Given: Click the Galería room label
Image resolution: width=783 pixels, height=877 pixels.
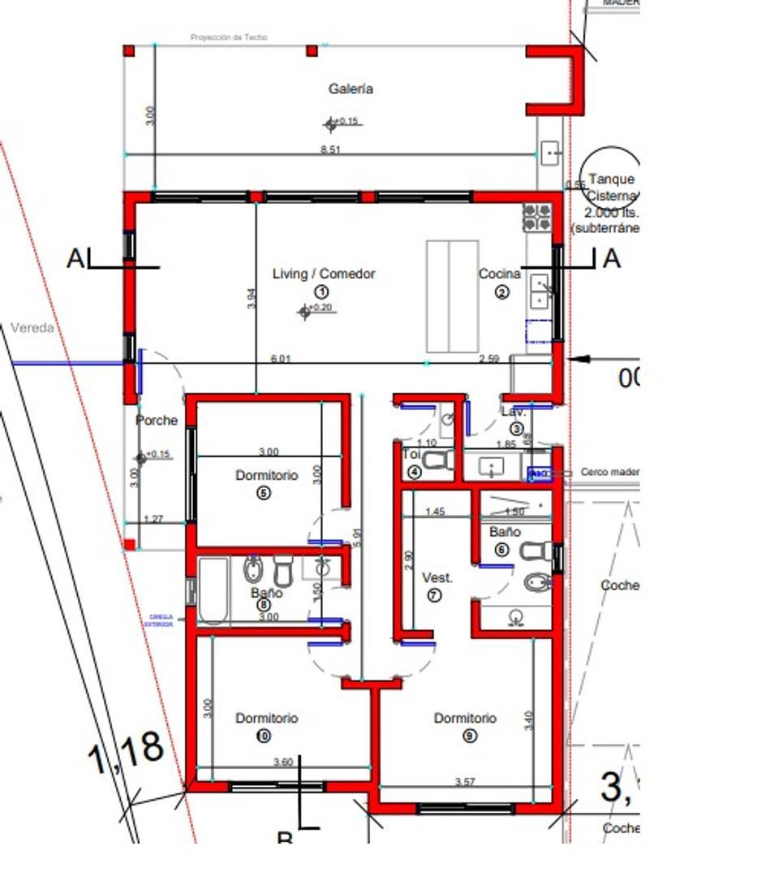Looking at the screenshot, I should [351, 89].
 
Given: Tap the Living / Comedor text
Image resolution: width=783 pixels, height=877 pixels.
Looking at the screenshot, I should [324, 274].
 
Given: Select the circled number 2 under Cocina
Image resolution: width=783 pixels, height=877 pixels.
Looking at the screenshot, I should [502, 293].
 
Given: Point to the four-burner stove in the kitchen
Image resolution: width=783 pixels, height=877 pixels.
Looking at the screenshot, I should [536, 218].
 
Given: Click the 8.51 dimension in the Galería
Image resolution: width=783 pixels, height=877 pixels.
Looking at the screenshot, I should [330, 149].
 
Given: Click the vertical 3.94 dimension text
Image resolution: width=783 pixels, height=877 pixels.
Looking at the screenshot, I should [252, 299].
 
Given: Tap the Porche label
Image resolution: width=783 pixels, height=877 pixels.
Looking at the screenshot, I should [157, 421].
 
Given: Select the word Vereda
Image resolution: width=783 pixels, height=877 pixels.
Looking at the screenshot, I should [32, 328].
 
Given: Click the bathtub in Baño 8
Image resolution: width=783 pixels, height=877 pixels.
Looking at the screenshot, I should [213, 590].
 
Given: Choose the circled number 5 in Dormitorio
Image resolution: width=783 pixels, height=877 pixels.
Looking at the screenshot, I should [264, 493].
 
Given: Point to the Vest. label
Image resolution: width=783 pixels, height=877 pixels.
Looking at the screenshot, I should [437, 578].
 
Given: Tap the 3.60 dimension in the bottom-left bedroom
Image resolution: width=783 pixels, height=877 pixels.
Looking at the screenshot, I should [283, 762].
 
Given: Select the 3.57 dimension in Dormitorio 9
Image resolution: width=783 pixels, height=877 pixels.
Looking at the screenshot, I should [465, 782].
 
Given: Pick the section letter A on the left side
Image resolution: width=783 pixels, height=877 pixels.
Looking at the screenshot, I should [76, 259].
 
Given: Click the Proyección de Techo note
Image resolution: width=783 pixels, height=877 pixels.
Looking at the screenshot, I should [228, 37].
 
